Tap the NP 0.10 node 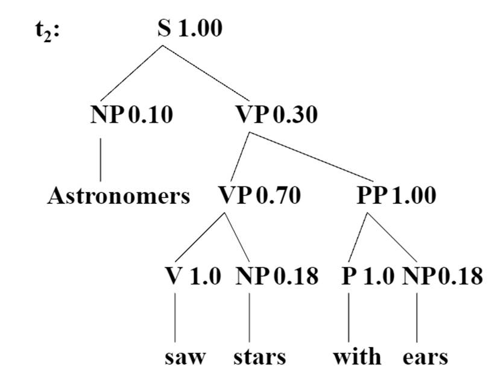click(131, 115)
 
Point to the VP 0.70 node click(258, 196)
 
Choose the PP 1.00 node click(394, 196)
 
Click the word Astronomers click(119, 196)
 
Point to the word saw click(185, 357)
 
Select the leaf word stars click(260, 357)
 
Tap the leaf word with click(357, 357)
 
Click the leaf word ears click(426, 357)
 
